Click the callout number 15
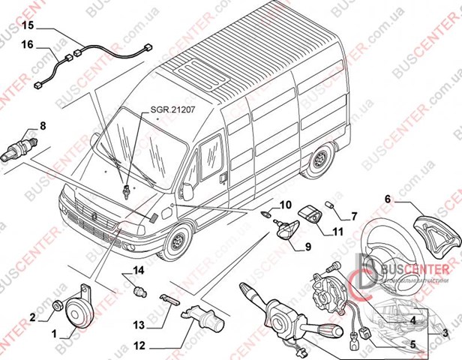27,25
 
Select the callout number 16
27,45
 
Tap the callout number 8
42,126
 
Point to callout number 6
388,199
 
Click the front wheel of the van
178,242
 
